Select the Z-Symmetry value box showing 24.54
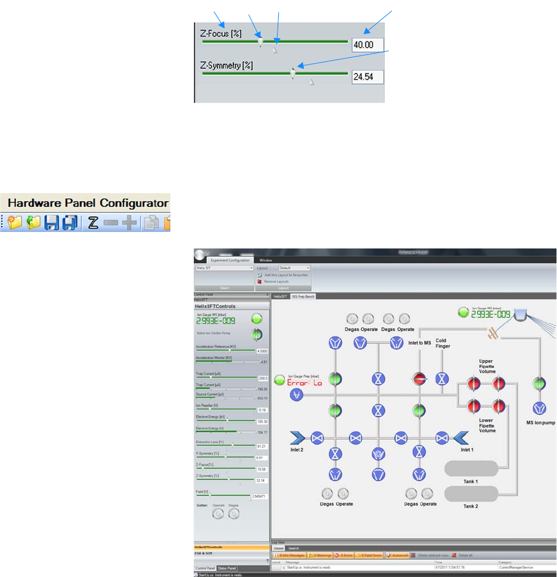coord(367,77)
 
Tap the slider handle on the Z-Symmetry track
coord(293,72)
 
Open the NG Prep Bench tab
coord(304,296)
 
